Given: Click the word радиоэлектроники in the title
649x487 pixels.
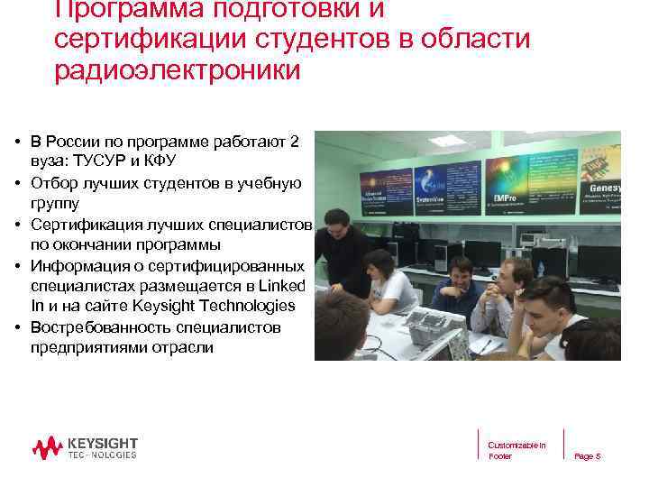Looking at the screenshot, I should point(177,70).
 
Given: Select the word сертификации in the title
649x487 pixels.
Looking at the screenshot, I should point(150,40).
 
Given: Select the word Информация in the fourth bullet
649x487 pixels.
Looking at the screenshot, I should point(74,265).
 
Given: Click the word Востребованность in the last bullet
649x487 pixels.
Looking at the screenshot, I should point(96,327).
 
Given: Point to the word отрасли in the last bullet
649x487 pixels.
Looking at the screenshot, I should point(182,348).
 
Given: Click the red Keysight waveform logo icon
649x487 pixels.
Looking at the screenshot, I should point(47,446).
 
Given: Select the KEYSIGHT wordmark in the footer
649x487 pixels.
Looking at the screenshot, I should point(103,442).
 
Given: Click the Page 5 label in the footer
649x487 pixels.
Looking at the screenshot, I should point(587,456).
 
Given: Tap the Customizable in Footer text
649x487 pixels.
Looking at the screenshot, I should point(516,451).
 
